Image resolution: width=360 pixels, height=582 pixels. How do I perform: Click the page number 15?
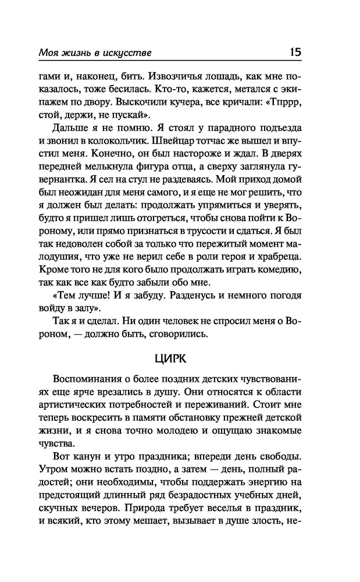(294, 52)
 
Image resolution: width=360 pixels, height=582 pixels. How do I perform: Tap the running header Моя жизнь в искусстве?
(95, 53)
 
